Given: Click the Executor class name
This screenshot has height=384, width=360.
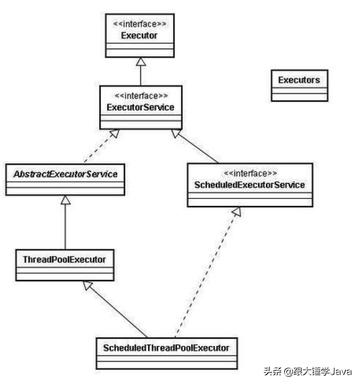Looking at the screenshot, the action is point(139,36).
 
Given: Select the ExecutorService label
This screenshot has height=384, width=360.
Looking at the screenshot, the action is point(141,107).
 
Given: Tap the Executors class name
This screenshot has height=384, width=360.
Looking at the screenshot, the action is point(299,80).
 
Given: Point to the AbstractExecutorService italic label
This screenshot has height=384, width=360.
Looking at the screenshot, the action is point(66,174).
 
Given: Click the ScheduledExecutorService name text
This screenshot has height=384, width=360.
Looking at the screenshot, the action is point(249,185).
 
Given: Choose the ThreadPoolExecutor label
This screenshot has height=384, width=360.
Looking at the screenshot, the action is point(65,260).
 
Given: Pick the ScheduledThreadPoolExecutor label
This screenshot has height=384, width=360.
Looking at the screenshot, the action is point(166,348).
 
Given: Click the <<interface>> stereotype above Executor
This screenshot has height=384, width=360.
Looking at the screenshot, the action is point(139,24).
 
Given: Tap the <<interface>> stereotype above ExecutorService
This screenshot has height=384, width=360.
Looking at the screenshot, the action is point(141,96).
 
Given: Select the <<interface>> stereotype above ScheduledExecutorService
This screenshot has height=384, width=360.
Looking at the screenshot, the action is point(251,174).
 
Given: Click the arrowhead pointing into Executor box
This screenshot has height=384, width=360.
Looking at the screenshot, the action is point(141,61).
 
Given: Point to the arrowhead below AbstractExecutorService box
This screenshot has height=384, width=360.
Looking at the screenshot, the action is point(66,200).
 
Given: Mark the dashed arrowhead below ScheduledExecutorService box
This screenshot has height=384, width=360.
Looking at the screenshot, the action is point(237,212).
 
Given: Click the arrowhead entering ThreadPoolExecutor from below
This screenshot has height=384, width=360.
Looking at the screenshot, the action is point(87,285).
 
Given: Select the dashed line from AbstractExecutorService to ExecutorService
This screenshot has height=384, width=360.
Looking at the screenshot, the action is point(101,146).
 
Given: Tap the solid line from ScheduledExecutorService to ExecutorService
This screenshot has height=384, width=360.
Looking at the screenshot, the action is point(194,146).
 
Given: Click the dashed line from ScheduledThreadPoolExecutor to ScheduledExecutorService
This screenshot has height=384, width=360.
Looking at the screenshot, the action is point(207,273).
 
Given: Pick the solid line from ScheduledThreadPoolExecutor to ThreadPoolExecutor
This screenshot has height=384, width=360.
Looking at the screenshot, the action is point(115,309).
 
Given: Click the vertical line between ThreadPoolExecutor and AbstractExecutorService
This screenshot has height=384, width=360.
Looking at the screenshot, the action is point(65,222).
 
